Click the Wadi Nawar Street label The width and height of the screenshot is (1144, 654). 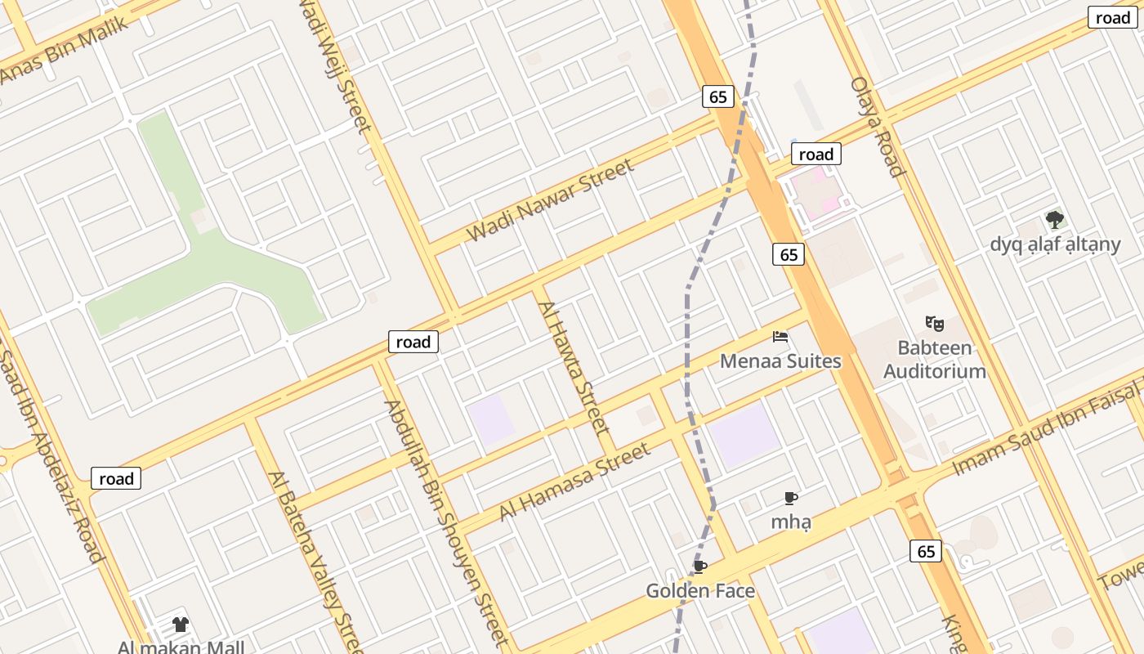550,201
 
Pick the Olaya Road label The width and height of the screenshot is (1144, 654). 878,127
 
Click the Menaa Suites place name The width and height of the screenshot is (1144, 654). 780,361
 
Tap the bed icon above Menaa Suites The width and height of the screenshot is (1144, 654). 780,336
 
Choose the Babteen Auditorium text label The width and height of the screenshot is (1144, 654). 935,360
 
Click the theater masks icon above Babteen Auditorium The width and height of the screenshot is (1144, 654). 935,324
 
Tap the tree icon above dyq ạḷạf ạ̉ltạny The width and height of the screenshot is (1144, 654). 1055,219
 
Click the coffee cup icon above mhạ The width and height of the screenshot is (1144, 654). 790,498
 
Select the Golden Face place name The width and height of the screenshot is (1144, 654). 700,591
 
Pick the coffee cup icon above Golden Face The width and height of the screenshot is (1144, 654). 700,567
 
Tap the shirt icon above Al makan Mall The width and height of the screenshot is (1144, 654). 181,625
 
